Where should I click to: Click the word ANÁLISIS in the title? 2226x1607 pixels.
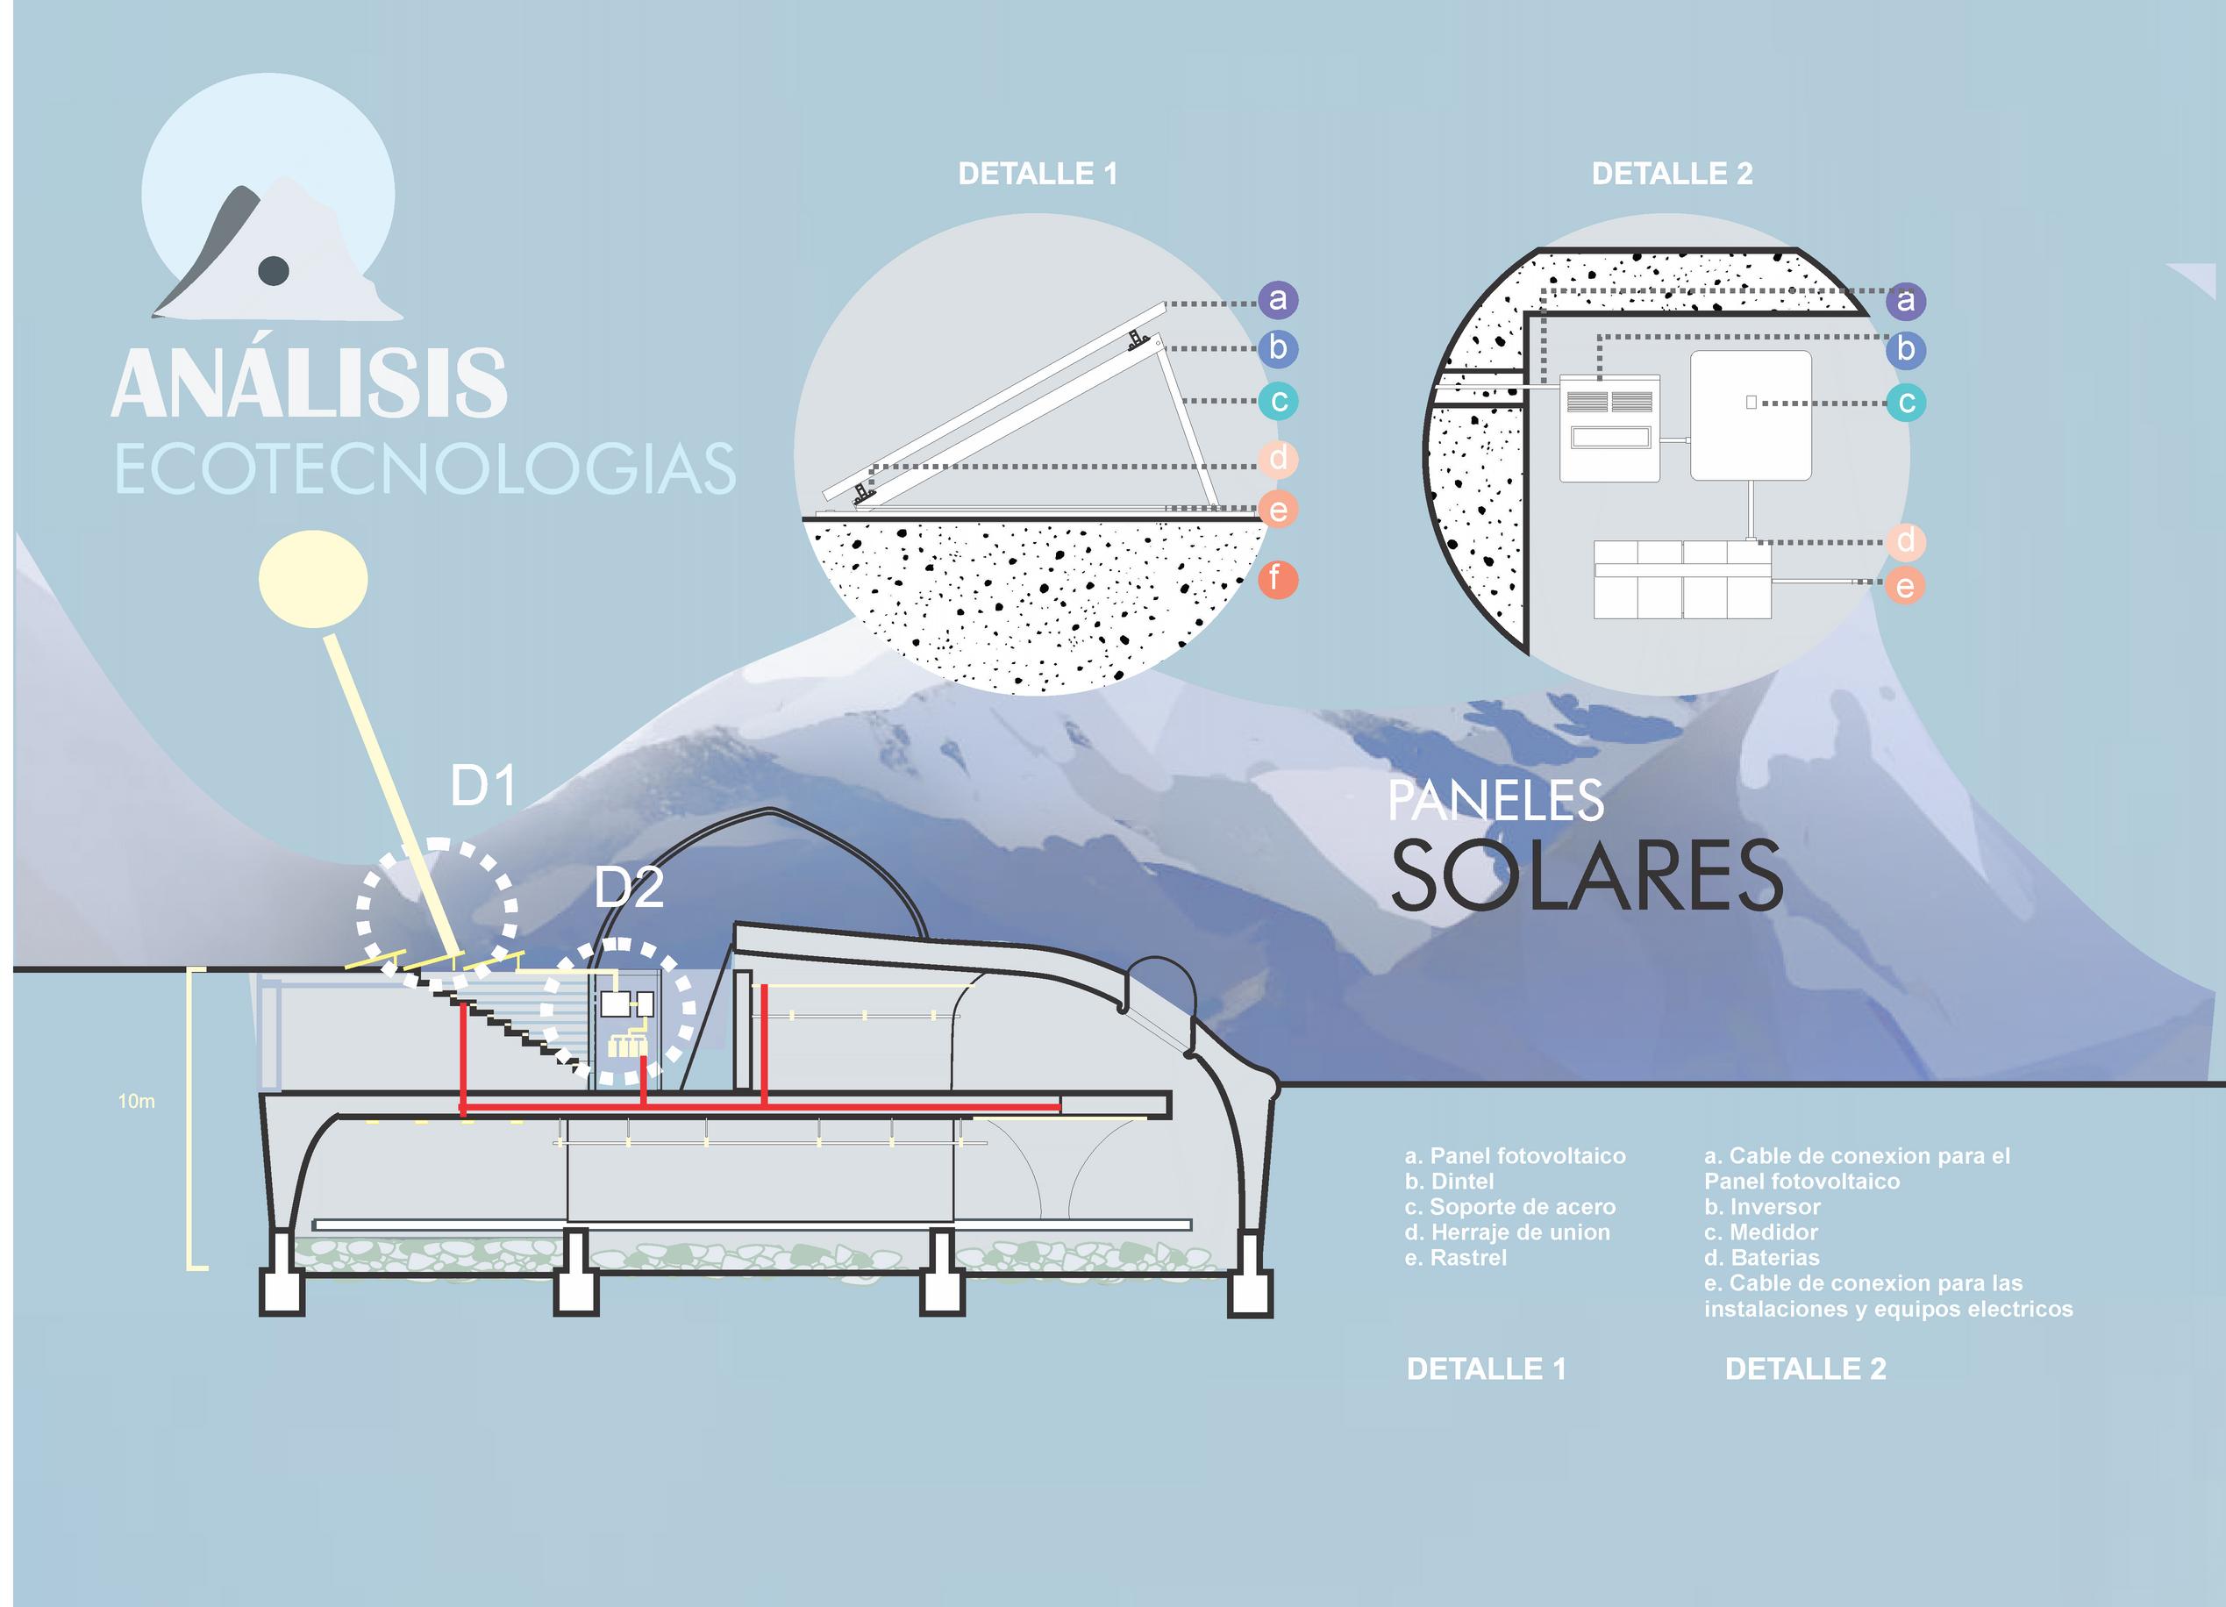click(310, 382)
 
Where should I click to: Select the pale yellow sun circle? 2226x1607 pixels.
click(313, 579)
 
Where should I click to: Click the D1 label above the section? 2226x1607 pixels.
click(483, 786)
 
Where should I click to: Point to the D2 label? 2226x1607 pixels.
click(629, 888)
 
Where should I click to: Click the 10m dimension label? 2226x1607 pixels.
click(137, 1102)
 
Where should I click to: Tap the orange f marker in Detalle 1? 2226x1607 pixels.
click(1277, 579)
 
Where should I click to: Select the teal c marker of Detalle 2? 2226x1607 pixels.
click(1905, 403)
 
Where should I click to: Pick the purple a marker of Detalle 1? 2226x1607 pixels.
click(1277, 299)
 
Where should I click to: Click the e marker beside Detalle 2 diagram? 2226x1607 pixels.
click(1905, 587)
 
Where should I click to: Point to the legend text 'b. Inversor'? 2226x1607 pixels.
click(1762, 1206)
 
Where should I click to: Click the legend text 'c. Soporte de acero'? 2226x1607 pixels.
click(1509, 1206)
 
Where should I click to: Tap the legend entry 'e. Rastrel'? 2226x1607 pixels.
click(1456, 1258)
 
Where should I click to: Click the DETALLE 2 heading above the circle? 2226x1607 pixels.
click(1673, 174)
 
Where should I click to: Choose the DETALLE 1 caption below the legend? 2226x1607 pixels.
click(1486, 1368)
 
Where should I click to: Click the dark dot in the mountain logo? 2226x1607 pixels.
click(273, 269)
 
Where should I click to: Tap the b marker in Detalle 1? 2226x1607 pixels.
click(1277, 348)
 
